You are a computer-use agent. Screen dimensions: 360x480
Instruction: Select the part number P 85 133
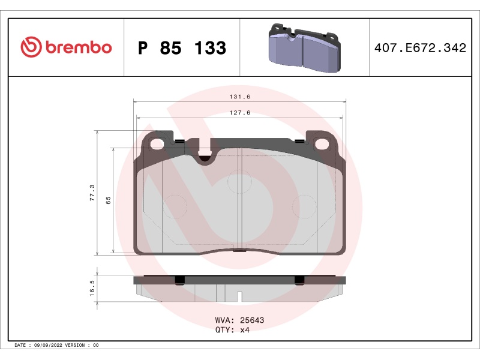pos(182,48)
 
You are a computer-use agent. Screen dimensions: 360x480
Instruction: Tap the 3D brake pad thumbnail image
pos(304,48)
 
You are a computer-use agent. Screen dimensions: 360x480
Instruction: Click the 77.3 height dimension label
pos(92,193)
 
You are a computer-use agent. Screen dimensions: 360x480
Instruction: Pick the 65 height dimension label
pos(109,200)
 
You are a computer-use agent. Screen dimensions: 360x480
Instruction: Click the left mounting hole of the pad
pos(158,144)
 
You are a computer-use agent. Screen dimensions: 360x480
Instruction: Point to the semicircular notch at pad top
pos(205,158)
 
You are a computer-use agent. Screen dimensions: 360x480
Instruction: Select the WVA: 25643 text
pos(239,320)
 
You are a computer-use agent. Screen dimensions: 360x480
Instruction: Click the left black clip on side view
pos(178,280)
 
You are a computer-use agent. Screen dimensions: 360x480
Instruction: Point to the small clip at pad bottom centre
pos(239,250)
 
